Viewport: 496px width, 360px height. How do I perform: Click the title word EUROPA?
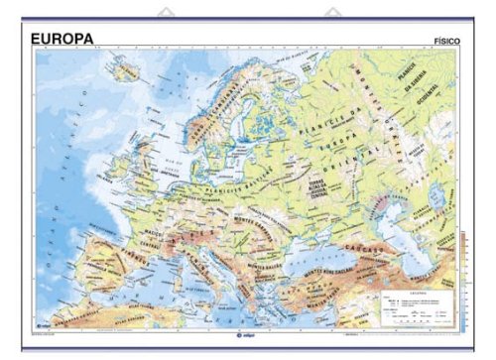(x=62, y=39)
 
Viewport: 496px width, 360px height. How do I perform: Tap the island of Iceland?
(x=128, y=69)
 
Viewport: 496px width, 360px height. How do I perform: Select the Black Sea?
(x=317, y=248)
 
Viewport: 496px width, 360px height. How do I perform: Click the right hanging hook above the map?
(x=328, y=14)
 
